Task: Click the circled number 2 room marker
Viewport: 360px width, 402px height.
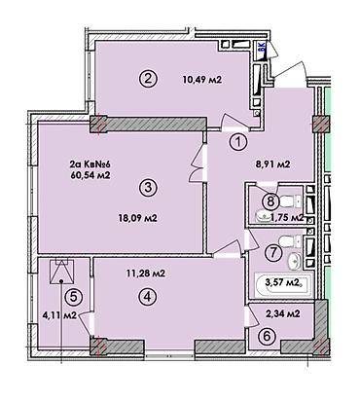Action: pos(147,79)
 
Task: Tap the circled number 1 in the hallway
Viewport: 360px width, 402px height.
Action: pos(238,140)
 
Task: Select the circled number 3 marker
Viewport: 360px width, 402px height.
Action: pos(147,187)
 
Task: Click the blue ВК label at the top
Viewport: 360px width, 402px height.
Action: pos(262,55)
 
